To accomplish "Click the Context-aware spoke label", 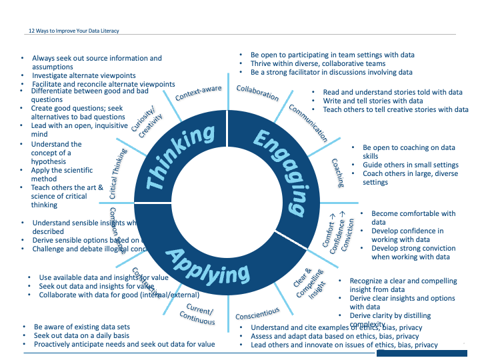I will pyautogui.click(x=198, y=93).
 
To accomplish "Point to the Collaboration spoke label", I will pyautogui.click(x=257, y=93).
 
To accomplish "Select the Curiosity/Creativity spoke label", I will pyautogui.click(x=143, y=120).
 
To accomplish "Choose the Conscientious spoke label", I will pyautogui.click(x=257, y=312).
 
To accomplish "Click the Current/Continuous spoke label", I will pyautogui.click(x=198, y=315).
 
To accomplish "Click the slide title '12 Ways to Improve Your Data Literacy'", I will pyautogui.click(x=74, y=31).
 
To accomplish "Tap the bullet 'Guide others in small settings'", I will pyautogui.click(x=410, y=165).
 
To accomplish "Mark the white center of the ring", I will pyautogui.click(x=227, y=193).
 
